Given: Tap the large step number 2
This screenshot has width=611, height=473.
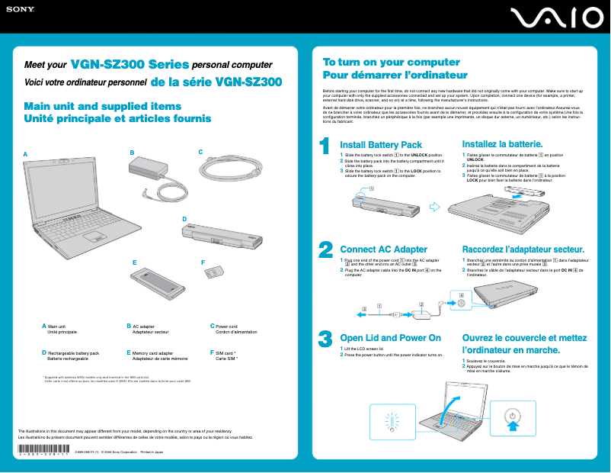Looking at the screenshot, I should tap(325, 250).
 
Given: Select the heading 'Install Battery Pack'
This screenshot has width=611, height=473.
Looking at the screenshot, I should tap(380, 145).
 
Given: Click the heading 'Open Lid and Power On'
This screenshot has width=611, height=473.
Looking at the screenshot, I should tap(390, 338).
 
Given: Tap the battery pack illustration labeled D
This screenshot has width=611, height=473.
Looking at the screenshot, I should tap(222, 236).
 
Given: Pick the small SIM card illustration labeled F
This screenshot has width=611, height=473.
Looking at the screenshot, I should tap(217, 272).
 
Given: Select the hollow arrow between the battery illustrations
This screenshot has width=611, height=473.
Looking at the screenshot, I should tap(435, 205).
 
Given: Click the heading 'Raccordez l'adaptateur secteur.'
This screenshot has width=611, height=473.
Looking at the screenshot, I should tap(523, 249).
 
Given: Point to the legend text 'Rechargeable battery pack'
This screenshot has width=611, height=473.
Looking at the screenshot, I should tap(73, 353).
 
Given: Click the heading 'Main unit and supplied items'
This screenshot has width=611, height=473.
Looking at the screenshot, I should tap(103, 107).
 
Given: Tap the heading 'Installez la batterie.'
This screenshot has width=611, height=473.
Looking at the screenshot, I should tap(502, 144).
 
